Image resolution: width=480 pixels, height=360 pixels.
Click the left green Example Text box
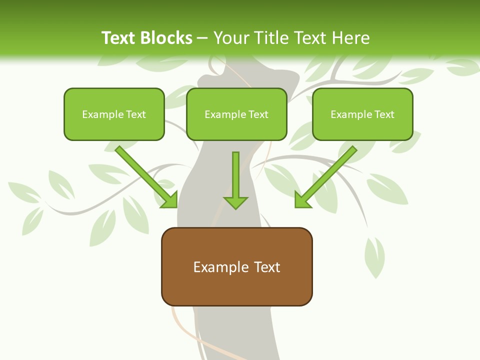[x=114, y=114]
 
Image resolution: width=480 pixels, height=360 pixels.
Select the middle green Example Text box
[x=236, y=114]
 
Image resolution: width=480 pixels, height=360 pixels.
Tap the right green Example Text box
[x=362, y=114]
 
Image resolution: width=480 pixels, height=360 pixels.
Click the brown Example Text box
[x=236, y=266]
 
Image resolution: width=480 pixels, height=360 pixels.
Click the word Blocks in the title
[x=165, y=38]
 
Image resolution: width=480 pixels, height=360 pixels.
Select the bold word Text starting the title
[x=118, y=38]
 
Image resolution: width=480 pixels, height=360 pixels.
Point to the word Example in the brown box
[x=215, y=267]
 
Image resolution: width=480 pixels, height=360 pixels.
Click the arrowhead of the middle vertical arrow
[x=235, y=202]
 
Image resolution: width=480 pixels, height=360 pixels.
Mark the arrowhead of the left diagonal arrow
[x=170, y=200]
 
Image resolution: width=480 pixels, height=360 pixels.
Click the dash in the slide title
[x=203, y=38]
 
